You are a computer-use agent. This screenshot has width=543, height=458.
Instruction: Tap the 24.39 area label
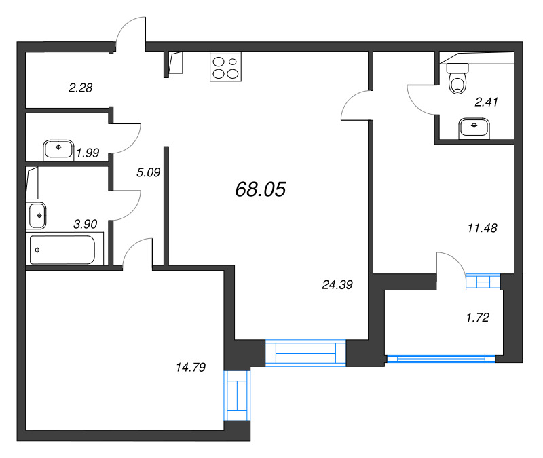pyautogui.click(x=337, y=285)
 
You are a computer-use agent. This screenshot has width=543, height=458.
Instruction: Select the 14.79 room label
pyautogui.click(x=190, y=367)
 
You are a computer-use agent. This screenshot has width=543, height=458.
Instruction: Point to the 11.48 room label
pyautogui.click(x=483, y=228)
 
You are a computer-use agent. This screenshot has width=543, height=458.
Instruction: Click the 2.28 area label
pyautogui.click(x=80, y=87)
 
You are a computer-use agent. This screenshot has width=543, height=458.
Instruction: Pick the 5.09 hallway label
pyautogui.click(x=148, y=172)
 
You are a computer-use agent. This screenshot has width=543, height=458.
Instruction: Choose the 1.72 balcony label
pyautogui.click(x=479, y=317)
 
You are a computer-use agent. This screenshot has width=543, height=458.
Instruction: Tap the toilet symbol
pyautogui.click(x=459, y=78)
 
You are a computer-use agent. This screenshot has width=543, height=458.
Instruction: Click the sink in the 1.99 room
pyautogui.click(x=59, y=148)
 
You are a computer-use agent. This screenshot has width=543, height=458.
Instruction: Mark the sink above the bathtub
pyautogui.click(x=37, y=215)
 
